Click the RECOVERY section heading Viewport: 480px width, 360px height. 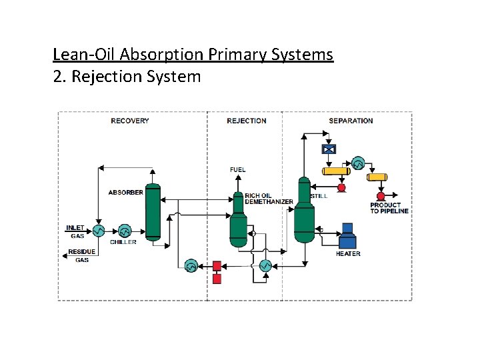pyautogui.click(x=130, y=121)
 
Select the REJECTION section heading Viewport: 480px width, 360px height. pyautogui.click(x=246, y=121)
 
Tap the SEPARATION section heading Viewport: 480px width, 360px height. pyautogui.click(x=351, y=121)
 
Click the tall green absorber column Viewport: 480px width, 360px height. pyautogui.click(x=153, y=211)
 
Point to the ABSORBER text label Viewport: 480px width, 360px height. pyautogui.click(x=125, y=193)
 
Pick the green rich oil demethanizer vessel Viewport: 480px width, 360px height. pyautogui.click(x=239, y=221)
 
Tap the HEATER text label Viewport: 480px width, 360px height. pyautogui.click(x=348, y=253)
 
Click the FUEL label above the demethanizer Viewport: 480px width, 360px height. pyautogui.click(x=237, y=169)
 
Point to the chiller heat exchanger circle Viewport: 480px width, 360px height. pyautogui.click(x=125, y=231)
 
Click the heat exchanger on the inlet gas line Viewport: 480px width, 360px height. pyautogui.click(x=98, y=231)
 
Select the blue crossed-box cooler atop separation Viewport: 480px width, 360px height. pyautogui.click(x=329, y=149)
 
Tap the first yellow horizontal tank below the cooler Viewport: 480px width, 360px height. pyautogui.click(x=336, y=171)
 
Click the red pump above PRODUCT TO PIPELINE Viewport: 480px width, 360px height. pyautogui.click(x=381, y=196)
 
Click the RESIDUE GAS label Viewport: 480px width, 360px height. pyautogui.click(x=81, y=255)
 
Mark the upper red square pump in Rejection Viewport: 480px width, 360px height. pyautogui.click(x=217, y=265)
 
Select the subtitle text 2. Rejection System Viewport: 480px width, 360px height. pyautogui.click(x=127, y=77)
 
